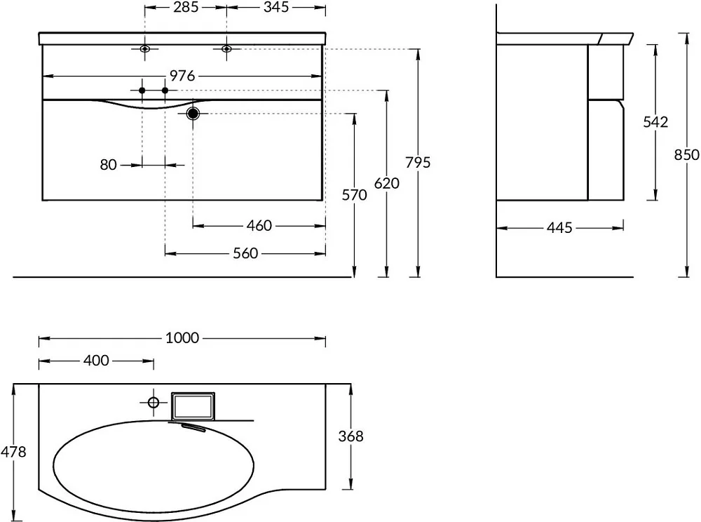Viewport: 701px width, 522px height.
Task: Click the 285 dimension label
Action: pos(186,7)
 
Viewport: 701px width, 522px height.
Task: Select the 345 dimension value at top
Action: pos(275,7)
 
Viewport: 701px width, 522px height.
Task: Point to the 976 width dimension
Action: pos(182,76)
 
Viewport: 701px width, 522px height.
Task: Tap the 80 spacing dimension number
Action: pos(108,165)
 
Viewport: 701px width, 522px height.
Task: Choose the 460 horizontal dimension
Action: pos(259,225)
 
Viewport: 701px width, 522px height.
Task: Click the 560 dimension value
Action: pos(245,253)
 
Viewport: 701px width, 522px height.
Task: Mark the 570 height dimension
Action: pos(354,195)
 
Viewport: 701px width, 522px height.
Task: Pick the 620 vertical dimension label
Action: pos(387,183)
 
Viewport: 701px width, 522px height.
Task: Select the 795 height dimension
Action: pos(418,162)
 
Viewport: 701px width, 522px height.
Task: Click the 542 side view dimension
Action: pos(655,122)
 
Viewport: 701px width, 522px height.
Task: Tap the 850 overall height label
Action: pos(687,155)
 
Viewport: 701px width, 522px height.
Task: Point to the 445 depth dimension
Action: pos(559,228)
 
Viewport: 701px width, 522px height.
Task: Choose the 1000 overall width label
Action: pos(182,337)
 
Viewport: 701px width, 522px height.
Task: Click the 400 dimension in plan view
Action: pos(96,361)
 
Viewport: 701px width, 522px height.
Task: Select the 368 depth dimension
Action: pos(351,436)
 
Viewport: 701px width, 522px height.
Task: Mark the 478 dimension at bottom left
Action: pos(13,453)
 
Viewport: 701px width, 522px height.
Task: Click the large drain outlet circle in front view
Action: pos(193,114)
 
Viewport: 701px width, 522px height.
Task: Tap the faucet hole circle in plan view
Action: pos(154,403)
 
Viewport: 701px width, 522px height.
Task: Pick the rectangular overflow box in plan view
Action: pos(193,406)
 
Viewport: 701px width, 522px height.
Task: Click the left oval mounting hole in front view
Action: pos(144,48)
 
